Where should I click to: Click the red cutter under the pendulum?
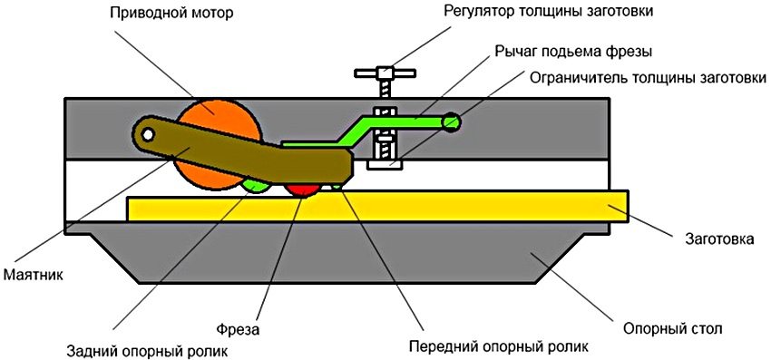click(303, 188)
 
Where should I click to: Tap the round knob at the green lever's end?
click(452, 122)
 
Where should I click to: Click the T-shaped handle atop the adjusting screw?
click(384, 73)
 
